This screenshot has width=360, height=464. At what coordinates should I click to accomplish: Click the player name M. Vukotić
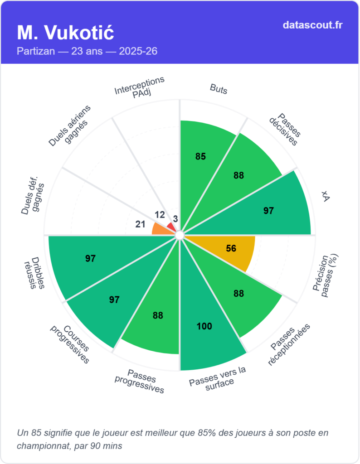point(65,33)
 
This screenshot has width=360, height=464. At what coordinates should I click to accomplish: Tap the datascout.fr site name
point(312,25)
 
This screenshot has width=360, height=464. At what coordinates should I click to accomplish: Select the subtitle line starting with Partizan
point(87,51)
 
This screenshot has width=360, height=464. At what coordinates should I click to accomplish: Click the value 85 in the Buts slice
point(200,157)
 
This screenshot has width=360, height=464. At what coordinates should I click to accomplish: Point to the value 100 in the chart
point(204,326)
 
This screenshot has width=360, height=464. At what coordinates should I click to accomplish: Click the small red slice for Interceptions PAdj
point(171,226)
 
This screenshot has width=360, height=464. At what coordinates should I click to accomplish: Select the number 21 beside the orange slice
point(141,224)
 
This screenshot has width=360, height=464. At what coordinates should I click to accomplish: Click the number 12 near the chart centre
point(159,214)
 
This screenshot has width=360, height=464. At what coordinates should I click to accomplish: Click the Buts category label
point(219,89)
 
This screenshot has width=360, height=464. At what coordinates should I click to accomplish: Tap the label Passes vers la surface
point(218,376)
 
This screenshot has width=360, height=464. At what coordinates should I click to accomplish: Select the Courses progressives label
point(69,343)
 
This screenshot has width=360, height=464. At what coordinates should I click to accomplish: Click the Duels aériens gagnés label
point(70,126)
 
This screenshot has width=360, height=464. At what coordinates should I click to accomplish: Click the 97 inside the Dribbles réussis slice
point(90,259)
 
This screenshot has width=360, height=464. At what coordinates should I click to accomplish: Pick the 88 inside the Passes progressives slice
point(158,315)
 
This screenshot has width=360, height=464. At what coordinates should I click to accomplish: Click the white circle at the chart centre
point(180,235)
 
